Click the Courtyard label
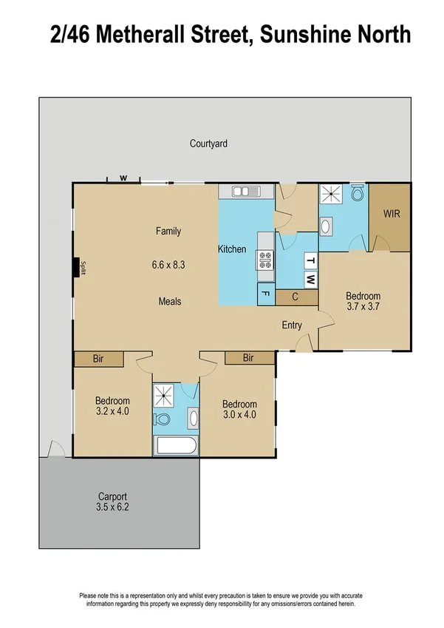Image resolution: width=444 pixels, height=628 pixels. coord(208,144)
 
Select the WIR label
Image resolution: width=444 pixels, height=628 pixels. coord(392,214)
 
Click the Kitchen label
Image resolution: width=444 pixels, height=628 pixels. coord(231,249)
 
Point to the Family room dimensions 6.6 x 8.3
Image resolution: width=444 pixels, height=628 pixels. coord(168,264)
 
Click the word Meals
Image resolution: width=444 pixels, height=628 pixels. coord(169,301)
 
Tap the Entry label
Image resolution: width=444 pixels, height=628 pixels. coord(292,325)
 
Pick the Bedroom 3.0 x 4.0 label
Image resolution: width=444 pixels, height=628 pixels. coord(239,409)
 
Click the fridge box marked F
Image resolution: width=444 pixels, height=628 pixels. coord(265,294)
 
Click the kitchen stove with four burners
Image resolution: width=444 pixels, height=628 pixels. coord(265,260)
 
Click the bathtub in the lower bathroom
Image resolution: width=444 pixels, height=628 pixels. coord(176,446)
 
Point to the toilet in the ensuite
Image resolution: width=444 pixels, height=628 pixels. coord(358,194)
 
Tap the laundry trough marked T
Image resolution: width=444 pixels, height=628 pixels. coord(311,261)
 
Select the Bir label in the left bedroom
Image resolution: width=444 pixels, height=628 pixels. coord(98,358)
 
